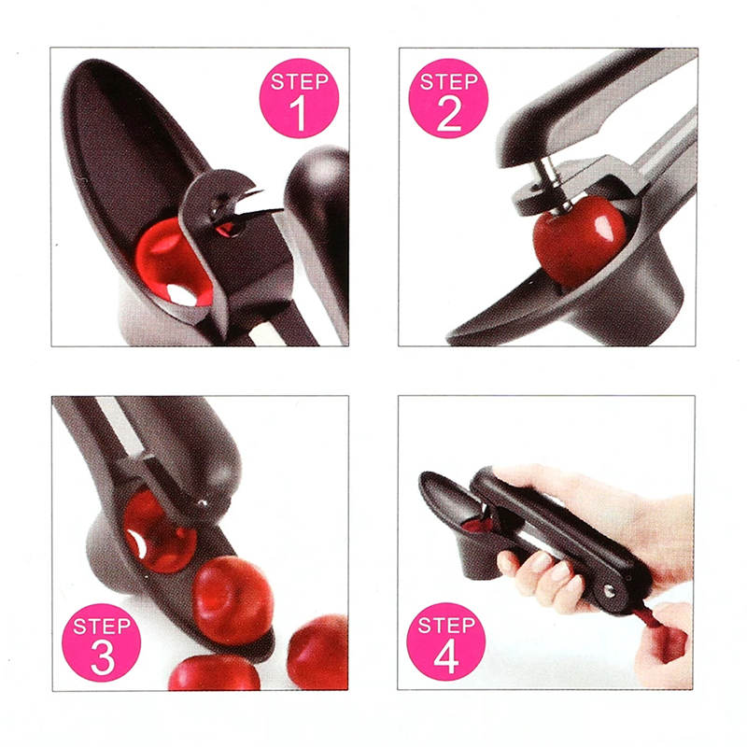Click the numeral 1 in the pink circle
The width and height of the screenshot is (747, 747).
[298, 113]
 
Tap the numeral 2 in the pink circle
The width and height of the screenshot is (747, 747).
[449, 113]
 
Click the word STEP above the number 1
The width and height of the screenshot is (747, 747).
[299, 81]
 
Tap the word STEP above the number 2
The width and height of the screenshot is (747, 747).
[449, 81]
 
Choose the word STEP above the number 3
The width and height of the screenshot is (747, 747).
[102, 626]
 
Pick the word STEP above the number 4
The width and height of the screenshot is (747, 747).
[446, 625]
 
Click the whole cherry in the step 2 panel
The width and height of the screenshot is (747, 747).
[579, 241]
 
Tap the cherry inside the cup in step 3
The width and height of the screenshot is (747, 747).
[159, 531]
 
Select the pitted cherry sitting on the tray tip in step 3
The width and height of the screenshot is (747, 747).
[233, 600]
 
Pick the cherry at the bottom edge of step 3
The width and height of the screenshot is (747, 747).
[215, 673]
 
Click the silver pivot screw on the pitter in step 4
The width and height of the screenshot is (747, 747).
[610, 591]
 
